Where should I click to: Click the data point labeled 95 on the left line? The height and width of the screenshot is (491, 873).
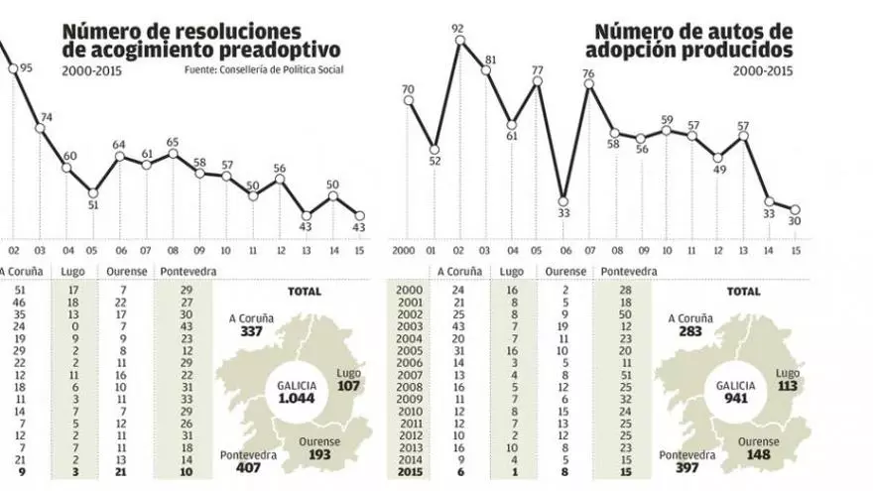pos(13,68)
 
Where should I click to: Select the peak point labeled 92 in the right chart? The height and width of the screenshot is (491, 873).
pos(458,41)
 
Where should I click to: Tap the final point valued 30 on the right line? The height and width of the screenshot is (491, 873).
pos(796,209)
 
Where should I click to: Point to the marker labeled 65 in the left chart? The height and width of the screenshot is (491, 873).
pos(173,154)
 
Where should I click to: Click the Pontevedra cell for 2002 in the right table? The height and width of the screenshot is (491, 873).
pos(625,314)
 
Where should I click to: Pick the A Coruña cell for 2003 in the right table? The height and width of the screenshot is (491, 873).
pos(458,326)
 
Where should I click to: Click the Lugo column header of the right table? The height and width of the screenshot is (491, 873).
pos(511,271)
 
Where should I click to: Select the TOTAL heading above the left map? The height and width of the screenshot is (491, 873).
pos(306,292)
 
